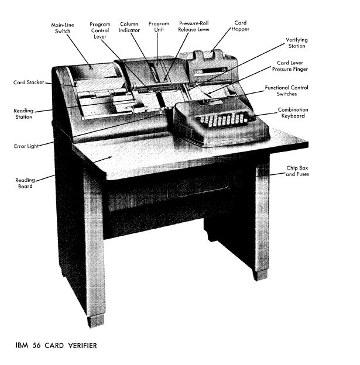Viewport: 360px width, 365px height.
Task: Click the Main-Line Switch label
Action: [63, 28]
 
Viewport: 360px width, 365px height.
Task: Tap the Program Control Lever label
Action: [100, 30]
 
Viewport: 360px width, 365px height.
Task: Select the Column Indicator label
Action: [129, 27]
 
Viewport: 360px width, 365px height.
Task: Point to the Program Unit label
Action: [159, 26]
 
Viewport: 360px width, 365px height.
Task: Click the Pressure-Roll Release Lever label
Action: [194, 26]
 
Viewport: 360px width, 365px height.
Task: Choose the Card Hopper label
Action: [240, 26]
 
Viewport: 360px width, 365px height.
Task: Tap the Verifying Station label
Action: [297, 43]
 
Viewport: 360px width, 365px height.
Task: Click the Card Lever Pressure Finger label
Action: [290, 66]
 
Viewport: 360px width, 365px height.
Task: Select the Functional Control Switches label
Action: [286, 91]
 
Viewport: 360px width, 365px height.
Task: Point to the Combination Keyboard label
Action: [293, 113]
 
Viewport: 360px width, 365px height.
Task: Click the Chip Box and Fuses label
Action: [297, 171]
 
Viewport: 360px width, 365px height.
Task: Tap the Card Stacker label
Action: [29, 82]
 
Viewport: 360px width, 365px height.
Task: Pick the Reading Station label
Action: [23, 113]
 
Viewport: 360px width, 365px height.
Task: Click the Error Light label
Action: [26, 146]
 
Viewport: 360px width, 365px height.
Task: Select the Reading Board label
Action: [25, 183]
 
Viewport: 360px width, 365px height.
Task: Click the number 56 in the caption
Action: [36, 345]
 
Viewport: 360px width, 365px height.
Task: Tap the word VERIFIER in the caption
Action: [83, 345]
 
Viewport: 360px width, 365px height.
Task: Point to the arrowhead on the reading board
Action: [109, 157]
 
